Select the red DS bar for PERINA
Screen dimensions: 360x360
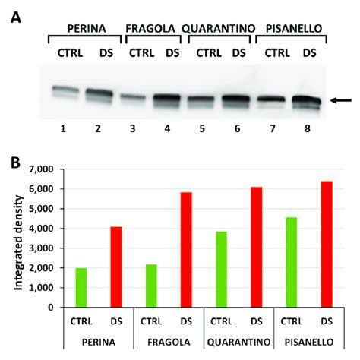click(115, 267)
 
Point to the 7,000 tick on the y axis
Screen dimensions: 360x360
click(52, 169)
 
